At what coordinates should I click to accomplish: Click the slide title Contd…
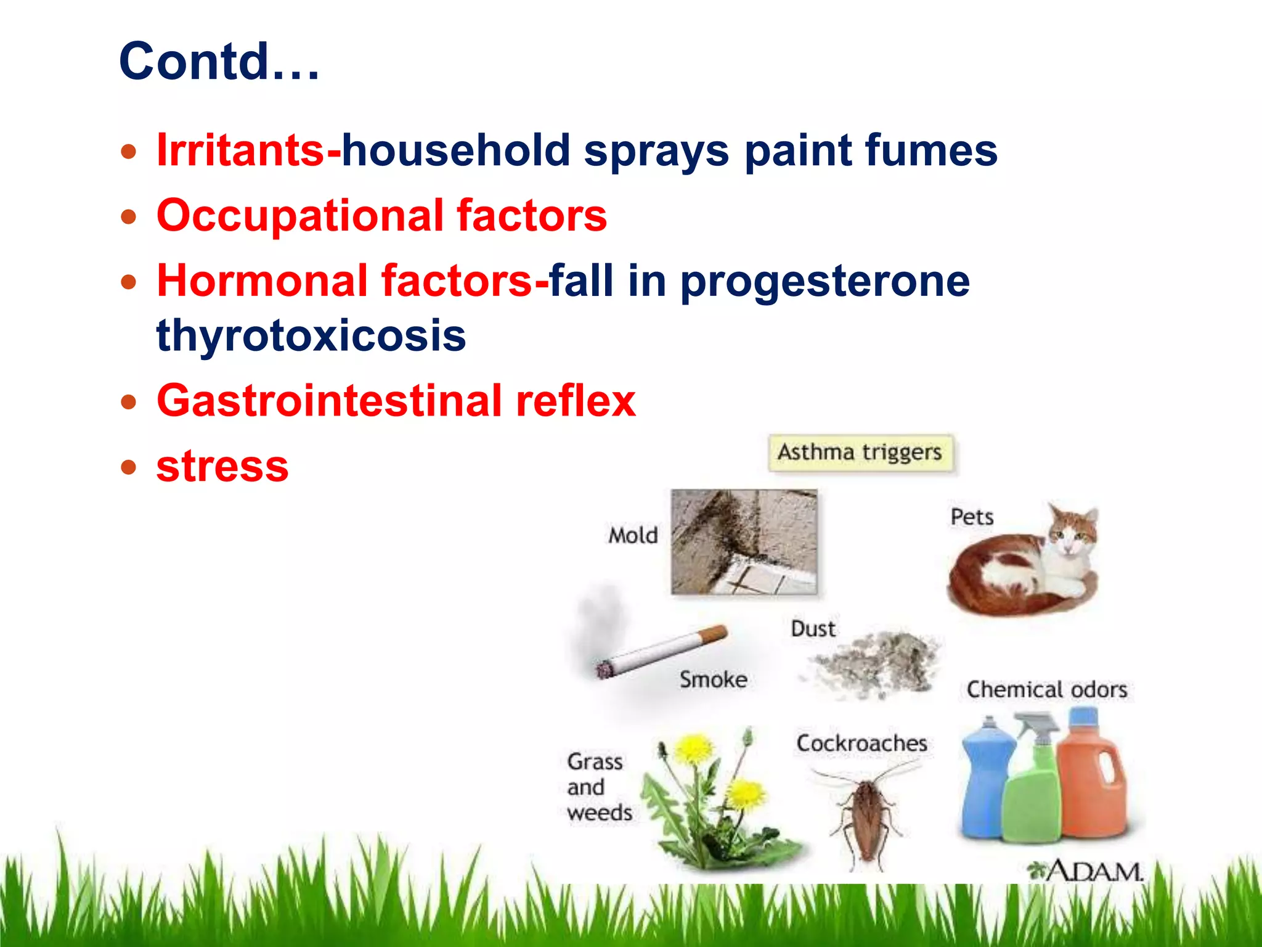point(219,62)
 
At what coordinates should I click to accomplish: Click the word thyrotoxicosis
point(311,335)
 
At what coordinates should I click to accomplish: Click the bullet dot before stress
point(128,467)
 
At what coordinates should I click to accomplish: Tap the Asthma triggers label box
point(860,453)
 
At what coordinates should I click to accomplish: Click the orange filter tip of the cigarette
point(715,634)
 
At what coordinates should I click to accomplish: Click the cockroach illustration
point(866,814)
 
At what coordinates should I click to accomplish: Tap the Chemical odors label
point(1046,689)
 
